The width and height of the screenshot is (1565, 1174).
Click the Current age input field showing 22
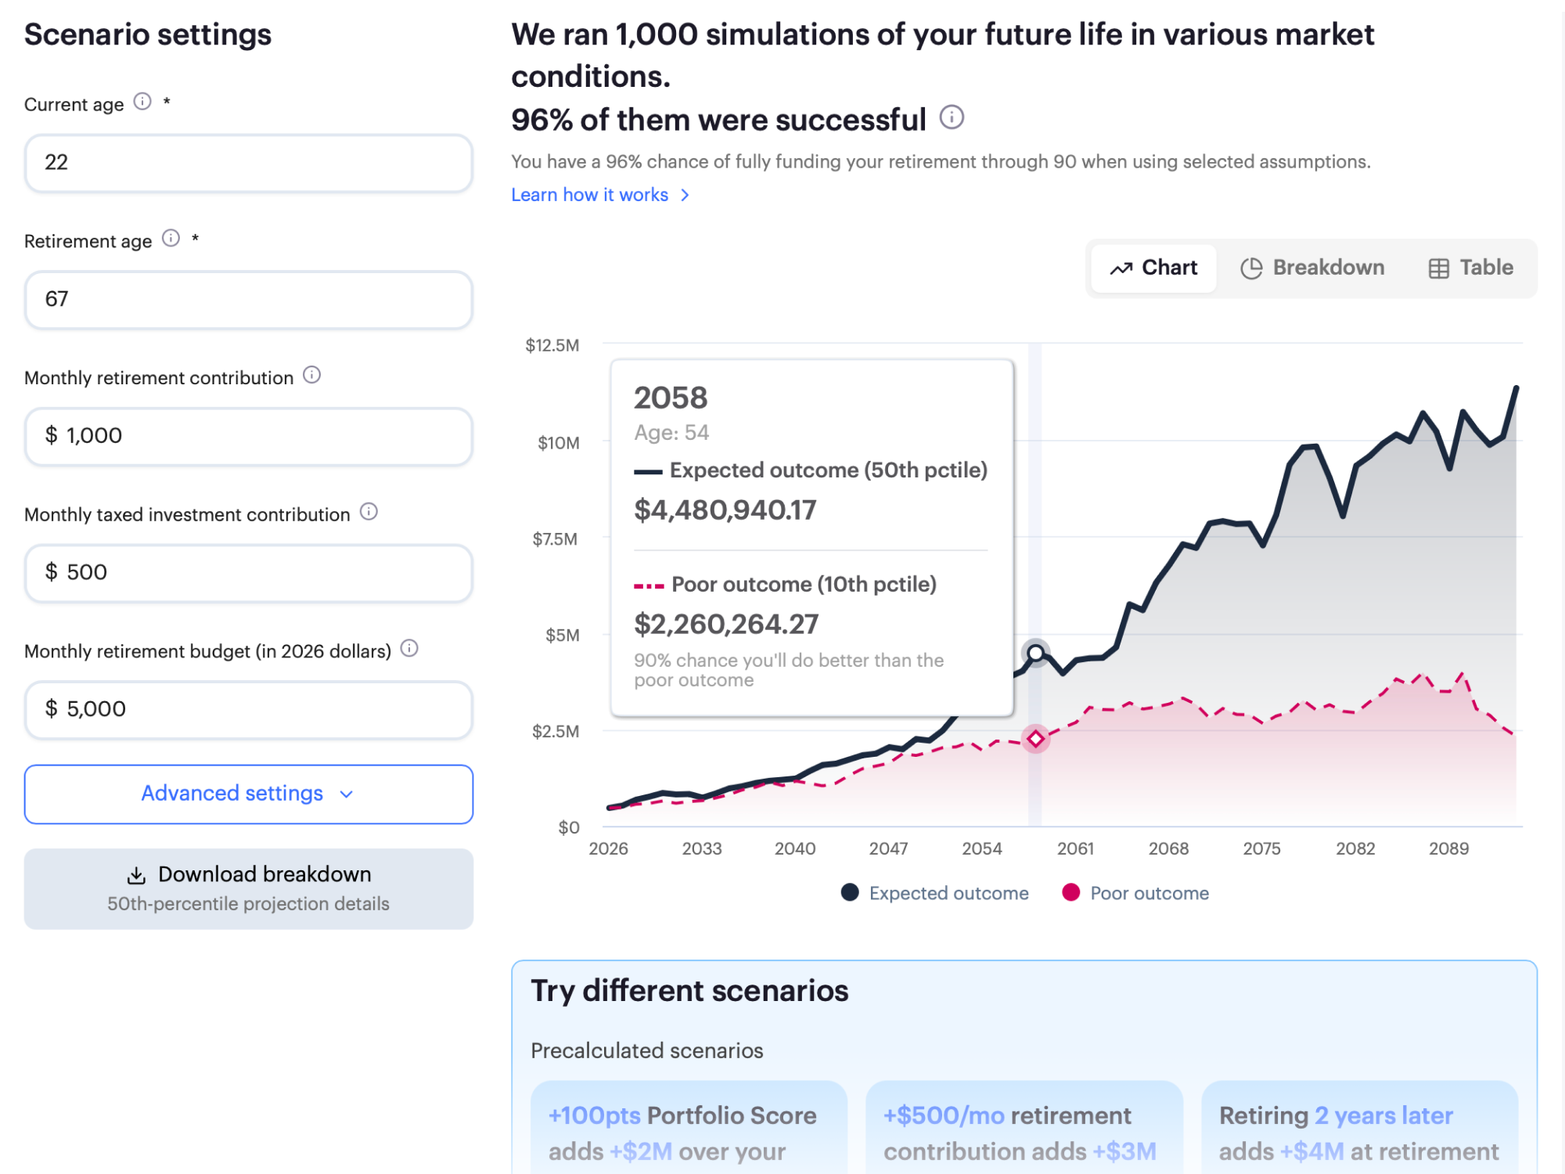click(x=248, y=163)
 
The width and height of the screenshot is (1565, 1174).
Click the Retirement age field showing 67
click(x=248, y=300)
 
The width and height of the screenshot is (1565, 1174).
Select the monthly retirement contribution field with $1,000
click(x=248, y=436)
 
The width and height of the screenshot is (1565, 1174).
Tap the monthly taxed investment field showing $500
click(x=248, y=573)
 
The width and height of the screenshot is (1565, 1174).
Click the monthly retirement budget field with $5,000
click(x=248, y=710)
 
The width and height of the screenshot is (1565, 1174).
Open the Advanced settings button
click(x=248, y=794)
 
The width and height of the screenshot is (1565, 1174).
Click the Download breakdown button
click(x=248, y=888)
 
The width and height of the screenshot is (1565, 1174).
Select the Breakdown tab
click(x=1312, y=268)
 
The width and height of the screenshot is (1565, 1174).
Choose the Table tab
click(x=1470, y=268)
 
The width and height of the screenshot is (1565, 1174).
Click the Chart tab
click(x=1153, y=268)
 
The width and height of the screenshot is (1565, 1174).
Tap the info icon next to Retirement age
click(x=171, y=238)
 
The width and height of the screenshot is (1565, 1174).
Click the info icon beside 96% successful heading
click(x=951, y=118)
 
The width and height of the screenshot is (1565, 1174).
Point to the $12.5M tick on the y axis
click(x=552, y=345)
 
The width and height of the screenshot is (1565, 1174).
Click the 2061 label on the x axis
click(x=1075, y=848)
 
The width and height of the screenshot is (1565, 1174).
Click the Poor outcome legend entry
click(x=1135, y=893)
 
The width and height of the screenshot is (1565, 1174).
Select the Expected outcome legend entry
click(x=935, y=893)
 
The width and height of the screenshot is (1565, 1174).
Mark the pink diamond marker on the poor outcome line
click(x=1035, y=739)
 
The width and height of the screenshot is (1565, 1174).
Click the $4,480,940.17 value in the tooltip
click(x=725, y=510)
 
